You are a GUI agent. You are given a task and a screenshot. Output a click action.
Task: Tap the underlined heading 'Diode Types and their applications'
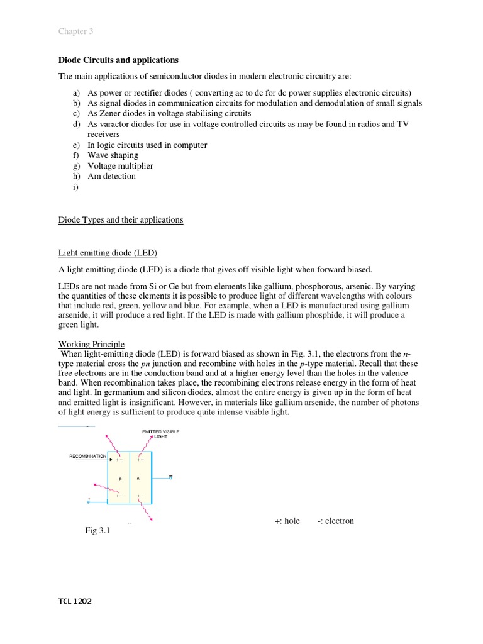click(121, 220)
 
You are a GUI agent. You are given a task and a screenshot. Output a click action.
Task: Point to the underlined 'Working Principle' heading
click(91, 345)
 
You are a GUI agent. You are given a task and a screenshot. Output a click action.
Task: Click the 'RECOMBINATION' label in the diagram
click(87, 456)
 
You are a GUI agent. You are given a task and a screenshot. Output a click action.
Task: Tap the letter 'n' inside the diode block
click(139, 478)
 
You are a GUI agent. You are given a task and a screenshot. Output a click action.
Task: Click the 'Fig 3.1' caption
click(97, 531)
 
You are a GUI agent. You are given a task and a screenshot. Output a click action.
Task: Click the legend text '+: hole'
click(287, 521)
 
